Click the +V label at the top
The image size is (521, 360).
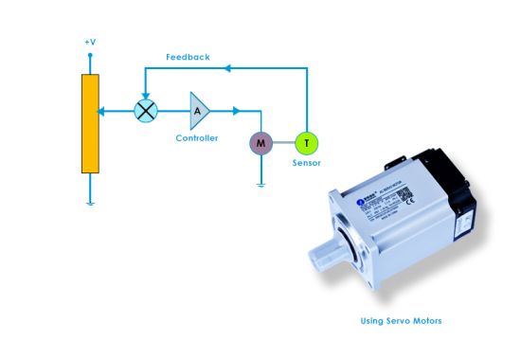(89, 44)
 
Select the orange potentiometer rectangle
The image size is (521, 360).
(90, 123)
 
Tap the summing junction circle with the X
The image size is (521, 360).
(146, 110)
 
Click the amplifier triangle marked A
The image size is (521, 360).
(199, 110)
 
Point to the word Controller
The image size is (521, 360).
(197, 138)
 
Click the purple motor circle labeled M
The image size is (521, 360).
(260, 143)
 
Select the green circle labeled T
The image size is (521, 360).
(306, 143)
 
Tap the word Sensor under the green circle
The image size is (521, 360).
(306, 163)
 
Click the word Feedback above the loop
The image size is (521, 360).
(188, 57)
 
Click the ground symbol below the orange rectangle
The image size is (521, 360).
(90, 202)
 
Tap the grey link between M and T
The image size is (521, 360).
(282, 143)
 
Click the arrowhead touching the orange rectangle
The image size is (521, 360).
(103, 110)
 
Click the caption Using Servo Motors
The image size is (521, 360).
(401, 320)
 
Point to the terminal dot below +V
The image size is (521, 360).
(90, 57)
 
